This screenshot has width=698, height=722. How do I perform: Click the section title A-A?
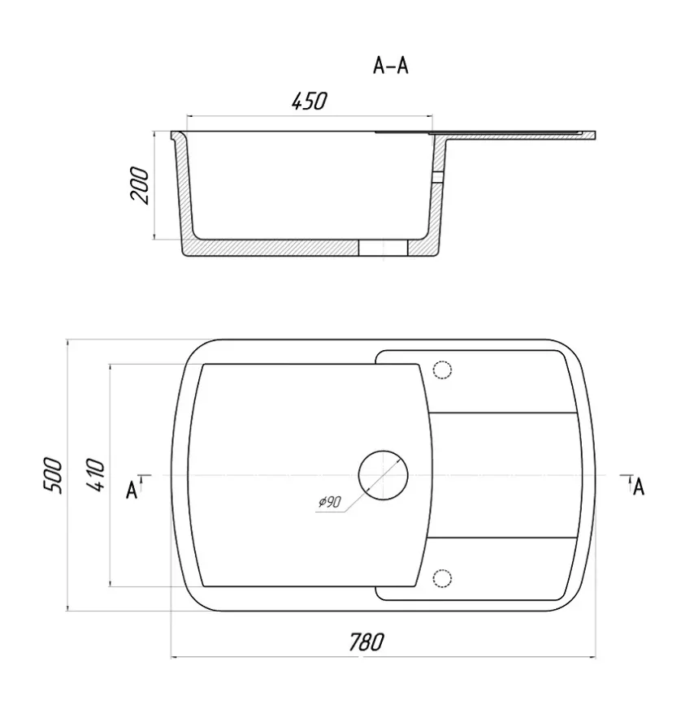390,66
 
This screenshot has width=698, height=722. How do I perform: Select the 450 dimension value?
309,102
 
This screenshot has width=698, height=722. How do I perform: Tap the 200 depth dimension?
140,185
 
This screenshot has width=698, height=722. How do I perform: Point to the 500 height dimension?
52,476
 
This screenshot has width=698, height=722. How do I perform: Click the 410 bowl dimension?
96,475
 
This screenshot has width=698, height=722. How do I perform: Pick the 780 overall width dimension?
366,642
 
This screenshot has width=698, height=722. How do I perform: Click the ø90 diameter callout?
329,501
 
